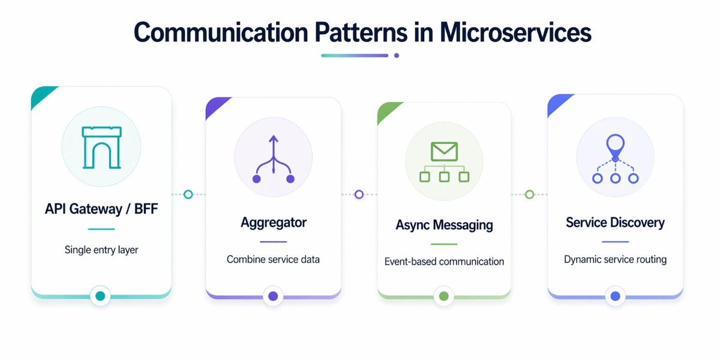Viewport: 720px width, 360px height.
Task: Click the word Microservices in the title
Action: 515,32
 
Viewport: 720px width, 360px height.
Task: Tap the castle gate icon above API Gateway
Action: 101,147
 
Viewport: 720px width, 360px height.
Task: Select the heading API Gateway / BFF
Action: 101,209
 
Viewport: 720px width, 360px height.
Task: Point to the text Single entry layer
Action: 101,250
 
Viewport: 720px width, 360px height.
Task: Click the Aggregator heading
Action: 274,223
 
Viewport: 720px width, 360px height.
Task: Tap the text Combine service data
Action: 274,260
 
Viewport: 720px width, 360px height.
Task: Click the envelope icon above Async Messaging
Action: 444,151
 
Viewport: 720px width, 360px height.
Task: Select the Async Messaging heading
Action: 444,226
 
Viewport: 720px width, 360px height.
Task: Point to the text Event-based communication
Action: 444,262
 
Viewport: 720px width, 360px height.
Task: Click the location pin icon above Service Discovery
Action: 615,144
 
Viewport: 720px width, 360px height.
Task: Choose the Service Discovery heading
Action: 615,223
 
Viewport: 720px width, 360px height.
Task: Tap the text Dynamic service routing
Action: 615,260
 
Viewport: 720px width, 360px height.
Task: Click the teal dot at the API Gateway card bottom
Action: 100,296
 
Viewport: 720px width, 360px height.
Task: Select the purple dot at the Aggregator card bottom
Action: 273,296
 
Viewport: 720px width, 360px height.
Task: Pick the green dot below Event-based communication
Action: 444,296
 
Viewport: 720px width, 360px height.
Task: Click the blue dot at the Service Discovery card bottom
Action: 615,296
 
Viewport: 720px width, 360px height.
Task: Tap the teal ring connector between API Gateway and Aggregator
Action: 188,194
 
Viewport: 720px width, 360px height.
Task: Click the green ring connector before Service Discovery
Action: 529,194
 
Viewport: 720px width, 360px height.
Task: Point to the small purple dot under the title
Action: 397,56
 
